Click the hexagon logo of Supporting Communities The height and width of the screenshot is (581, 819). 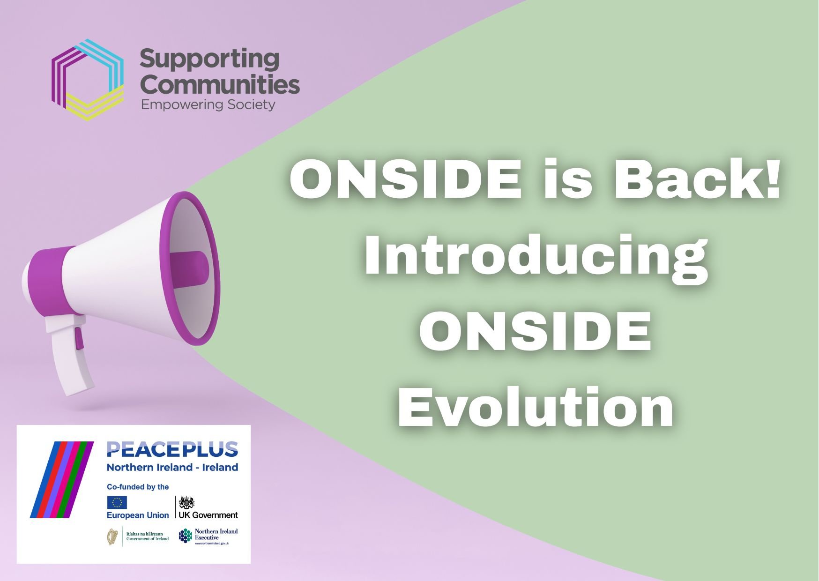pyautogui.click(x=88, y=80)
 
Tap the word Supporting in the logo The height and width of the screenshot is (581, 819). pyautogui.click(x=209, y=60)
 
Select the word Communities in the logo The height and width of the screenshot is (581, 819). pyautogui.click(x=220, y=85)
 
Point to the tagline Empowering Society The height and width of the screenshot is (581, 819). pyautogui.click(x=208, y=104)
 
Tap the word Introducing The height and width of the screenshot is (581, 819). pyautogui.click(x=536, y=256)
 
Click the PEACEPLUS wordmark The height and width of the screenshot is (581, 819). pyautogui.click(x=172, y=449)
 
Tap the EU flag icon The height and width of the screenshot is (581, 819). pyautogui.click(x=117, y=503)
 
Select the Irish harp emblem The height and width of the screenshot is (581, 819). pyautogui.click(x=112, y=537)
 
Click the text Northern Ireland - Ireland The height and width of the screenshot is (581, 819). pyautogui.click(x=172, y=468)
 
